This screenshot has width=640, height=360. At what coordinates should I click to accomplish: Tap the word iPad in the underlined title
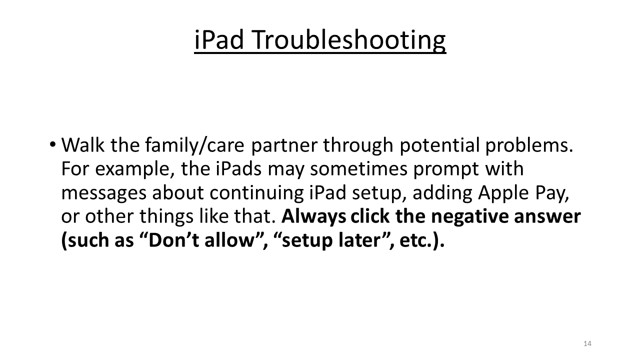(218, 40)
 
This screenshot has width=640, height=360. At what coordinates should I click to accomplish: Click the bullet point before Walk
(53, 145)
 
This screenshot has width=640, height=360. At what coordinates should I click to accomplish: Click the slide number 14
(587, 343)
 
